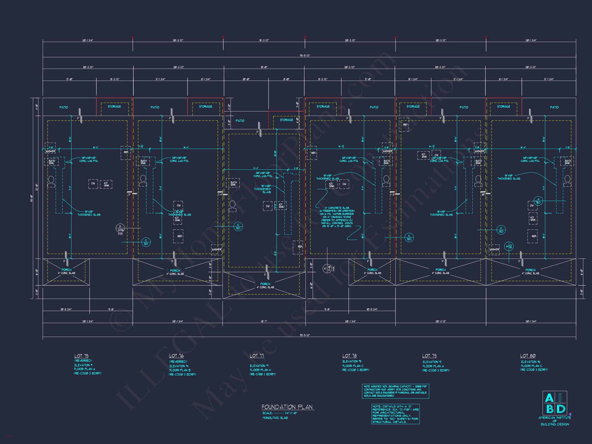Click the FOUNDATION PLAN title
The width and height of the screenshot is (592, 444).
tap(287, 407)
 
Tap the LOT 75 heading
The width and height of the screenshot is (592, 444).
tap(81, 356)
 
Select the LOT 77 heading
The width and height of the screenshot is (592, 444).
tap(257, 356)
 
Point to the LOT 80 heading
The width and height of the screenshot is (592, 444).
tap(528, 356)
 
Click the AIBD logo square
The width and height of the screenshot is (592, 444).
tap(554, 403)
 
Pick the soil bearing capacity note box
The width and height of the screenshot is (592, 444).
tap(395, 391)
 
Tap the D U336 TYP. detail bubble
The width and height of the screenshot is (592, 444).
tap(120, 229)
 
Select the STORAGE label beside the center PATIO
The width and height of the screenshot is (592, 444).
tap(286, 120)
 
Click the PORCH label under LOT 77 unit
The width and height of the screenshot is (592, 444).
tap(265, 284)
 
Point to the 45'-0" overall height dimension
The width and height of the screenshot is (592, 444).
tap(32, 199)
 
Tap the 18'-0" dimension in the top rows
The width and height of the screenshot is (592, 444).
tap(264, 67)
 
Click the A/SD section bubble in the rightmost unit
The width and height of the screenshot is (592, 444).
tap(538, 201)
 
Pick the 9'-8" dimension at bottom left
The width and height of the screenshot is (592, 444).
tap(111, 309)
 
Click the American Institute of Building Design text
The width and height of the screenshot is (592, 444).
tap(555, 421)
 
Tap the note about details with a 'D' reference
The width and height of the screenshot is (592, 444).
tap(395, 414)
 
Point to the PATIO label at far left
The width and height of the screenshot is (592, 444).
tap(64, 107)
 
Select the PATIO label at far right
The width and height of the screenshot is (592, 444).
tap(554, 107)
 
